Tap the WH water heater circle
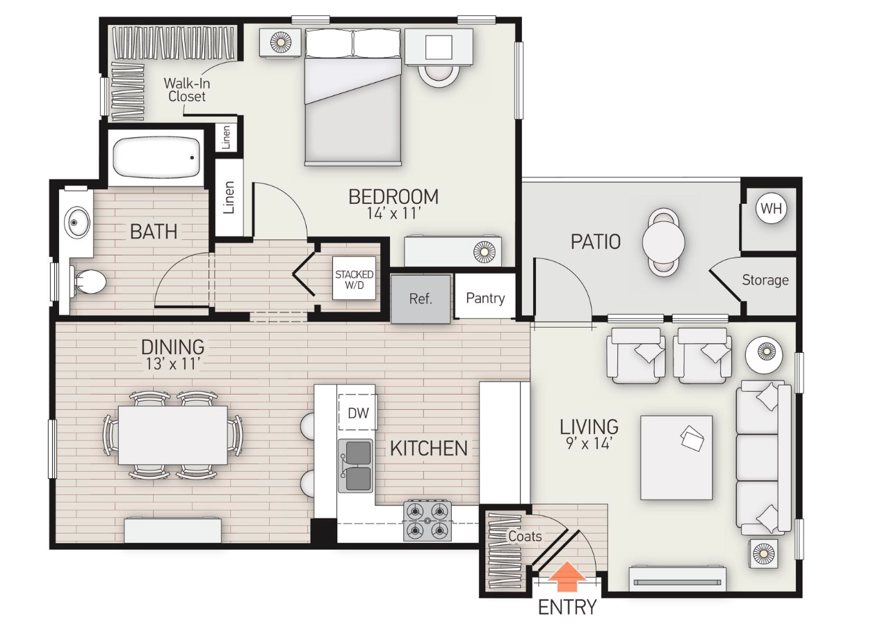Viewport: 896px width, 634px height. (x=770, y=209)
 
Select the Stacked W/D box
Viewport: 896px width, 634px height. (x=354, y=279)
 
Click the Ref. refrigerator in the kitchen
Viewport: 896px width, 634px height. (x=421, y=299)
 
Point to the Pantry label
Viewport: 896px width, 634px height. (x=485, y=298)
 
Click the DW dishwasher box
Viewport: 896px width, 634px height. (x=357, y=413)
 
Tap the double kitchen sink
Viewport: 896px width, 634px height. (x=355, y=466)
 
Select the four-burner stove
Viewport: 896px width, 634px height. (x=427, y=521)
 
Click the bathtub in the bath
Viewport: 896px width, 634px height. (x=156, y=158)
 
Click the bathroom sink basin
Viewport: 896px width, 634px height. (x=76, y=223)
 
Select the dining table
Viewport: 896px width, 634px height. (x=172, y=435)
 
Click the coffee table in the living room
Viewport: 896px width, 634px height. (x=676, y=457)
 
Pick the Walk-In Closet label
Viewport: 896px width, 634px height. (x=186, y=90)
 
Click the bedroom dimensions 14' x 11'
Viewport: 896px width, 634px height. (x=393, y=214)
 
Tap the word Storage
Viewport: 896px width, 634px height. (x=765, y=280)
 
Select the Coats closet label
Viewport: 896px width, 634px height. (x=525, y=536)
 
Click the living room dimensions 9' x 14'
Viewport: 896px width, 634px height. (x=589, y=443)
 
